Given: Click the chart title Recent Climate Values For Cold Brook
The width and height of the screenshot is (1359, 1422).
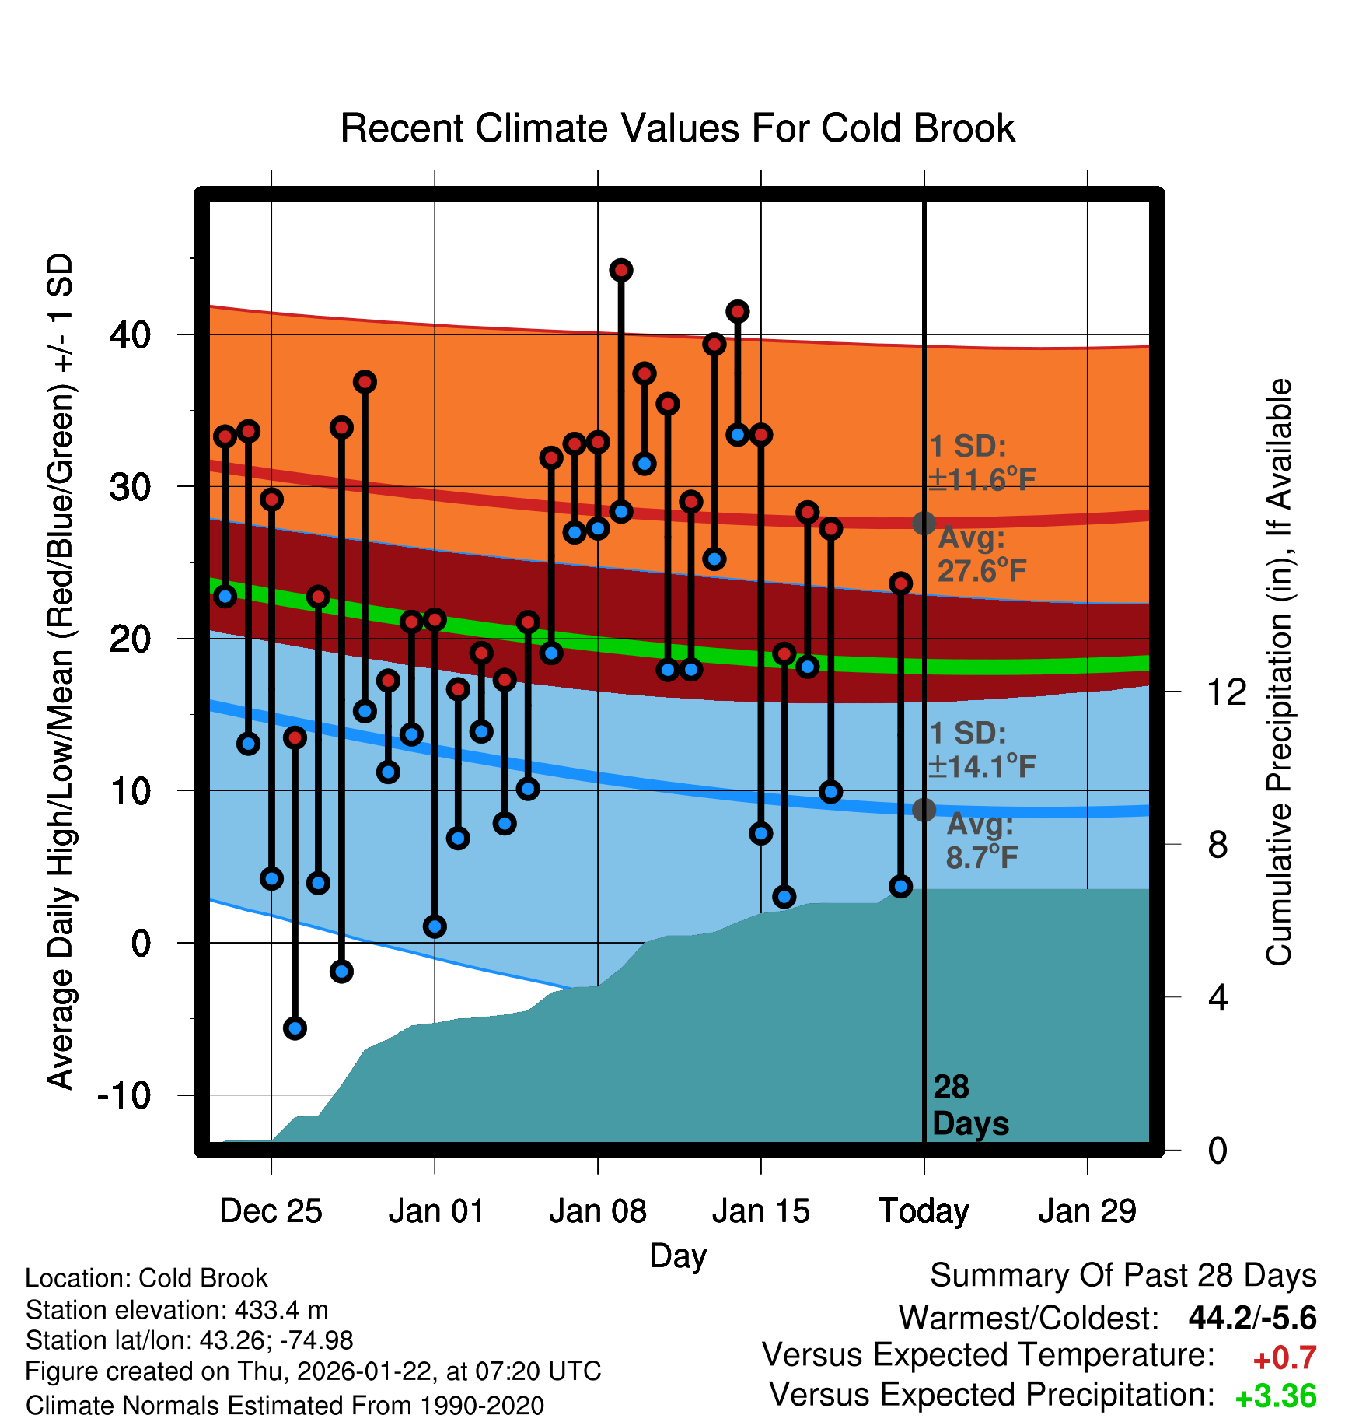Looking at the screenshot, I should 677,128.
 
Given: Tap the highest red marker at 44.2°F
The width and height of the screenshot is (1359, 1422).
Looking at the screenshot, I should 620,271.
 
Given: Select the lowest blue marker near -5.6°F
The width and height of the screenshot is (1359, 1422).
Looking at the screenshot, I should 295,1028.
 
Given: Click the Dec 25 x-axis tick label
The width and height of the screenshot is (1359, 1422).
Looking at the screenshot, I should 271,1211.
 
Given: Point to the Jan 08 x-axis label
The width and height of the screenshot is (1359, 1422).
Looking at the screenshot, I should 597,1211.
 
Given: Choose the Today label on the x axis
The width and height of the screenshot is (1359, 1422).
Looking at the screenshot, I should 924,1211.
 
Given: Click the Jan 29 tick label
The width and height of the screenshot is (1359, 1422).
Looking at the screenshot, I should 1087,1211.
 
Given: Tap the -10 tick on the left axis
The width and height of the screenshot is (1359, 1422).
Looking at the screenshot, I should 124,1095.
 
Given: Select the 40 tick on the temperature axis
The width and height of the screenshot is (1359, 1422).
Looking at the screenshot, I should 131,334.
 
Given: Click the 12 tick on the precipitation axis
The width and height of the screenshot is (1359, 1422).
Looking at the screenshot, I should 1227,692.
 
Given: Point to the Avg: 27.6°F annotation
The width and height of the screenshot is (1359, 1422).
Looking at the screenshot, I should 981,555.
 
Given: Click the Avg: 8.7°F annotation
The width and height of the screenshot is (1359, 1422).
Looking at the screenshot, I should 981,841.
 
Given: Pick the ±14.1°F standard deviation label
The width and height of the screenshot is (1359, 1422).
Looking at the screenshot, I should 982,767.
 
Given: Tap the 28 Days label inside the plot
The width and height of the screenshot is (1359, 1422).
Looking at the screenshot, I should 969,1105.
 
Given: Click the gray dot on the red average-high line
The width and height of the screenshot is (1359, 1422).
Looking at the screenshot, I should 924,523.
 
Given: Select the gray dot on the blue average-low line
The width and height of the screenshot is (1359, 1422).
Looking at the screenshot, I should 924,810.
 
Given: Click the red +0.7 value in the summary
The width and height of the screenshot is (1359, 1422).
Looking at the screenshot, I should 1284,1358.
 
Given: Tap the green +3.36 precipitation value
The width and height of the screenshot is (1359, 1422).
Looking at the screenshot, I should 1276,1396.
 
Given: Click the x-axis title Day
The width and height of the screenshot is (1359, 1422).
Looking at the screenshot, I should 678,1256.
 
